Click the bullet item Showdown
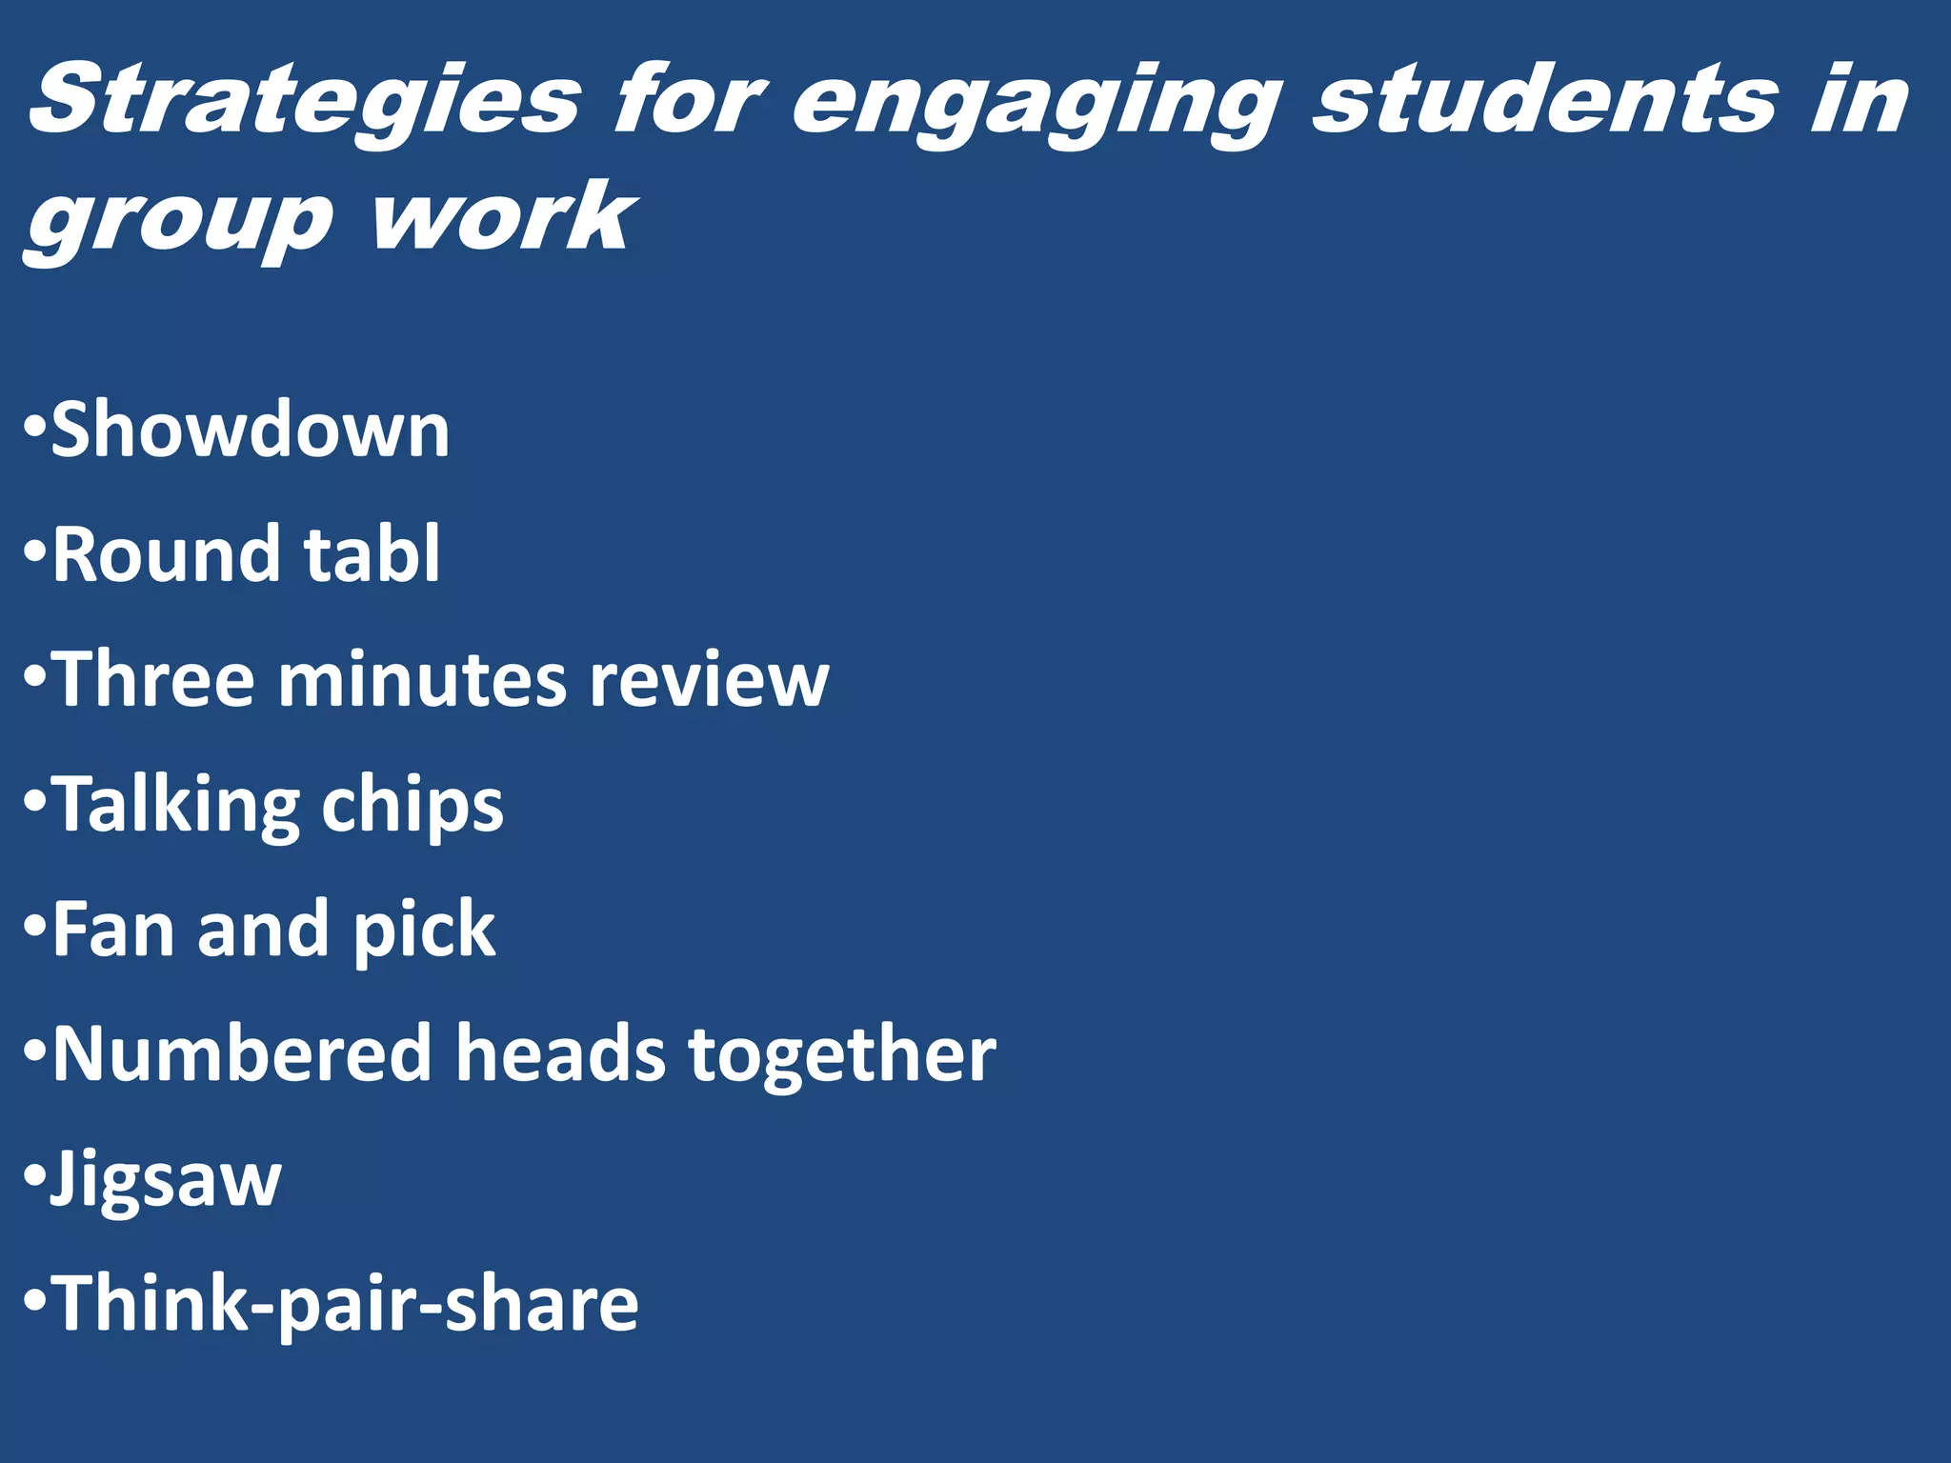point(250,430)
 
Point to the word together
point(842,1055)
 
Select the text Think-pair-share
point(345,1305)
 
